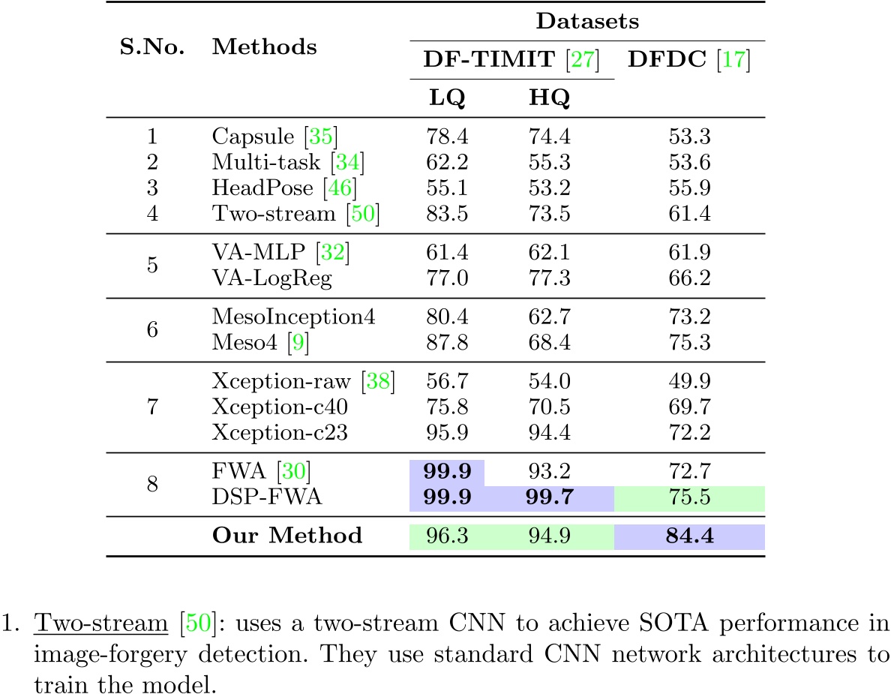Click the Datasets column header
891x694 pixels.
click(x=586, y=21)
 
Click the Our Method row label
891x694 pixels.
click(x=287, y=536)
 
